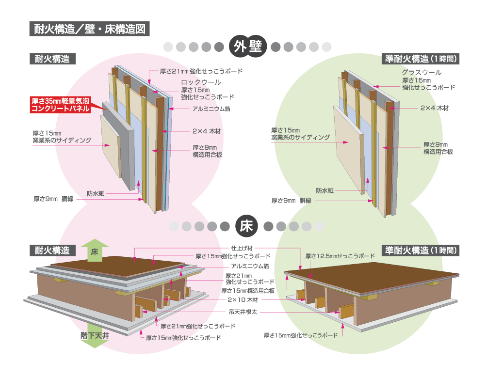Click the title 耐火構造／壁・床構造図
pyautogui.click(x=89, y=29)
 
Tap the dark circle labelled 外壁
pyautogui.click(x=247, y=47)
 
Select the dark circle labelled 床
pyautogui.click(x=246, y=226)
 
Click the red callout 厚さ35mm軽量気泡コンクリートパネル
pyautogui.click(x=61, y=105)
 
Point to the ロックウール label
pyautogui.click(x=201, y=82)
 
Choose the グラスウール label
pyautogui.click(x=421, y=72)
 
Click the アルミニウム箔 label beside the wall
pyautogui.click(x=211, y=109)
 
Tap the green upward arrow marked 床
pyautogui.click(x=95, y=251)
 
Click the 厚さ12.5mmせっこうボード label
pyautogui.click(x=340, y=255)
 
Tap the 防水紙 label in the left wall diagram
pyautogui.click(x=95, y=193)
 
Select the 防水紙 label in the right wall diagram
pyautogui.click(x=324, y=190)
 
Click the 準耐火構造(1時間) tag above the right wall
pyautogui.click(x=420, y=59)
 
